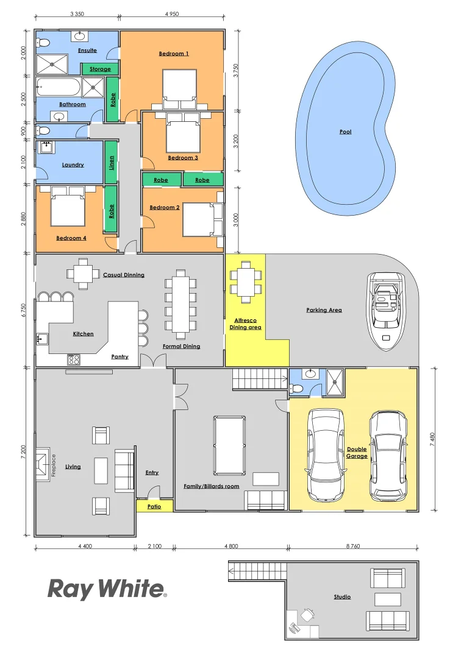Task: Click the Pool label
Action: tap(345, 132)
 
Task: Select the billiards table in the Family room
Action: tap(230, 445)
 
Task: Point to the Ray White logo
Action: tap(107, 589)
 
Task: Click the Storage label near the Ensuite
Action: tap(100, 69)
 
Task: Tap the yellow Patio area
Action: tap(154, 506)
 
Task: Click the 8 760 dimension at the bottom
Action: tap(353, 547)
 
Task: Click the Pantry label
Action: tap(120, 356)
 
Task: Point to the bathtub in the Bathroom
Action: tap(59, 88)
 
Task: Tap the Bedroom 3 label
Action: tap(183, 158)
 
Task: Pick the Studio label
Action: tap(342, 597)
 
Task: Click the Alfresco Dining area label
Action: tap(245, 324)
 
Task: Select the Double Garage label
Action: tap(357, 453)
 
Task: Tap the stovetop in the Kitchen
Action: tap(74, 359)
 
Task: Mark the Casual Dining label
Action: tap(124, 275)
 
